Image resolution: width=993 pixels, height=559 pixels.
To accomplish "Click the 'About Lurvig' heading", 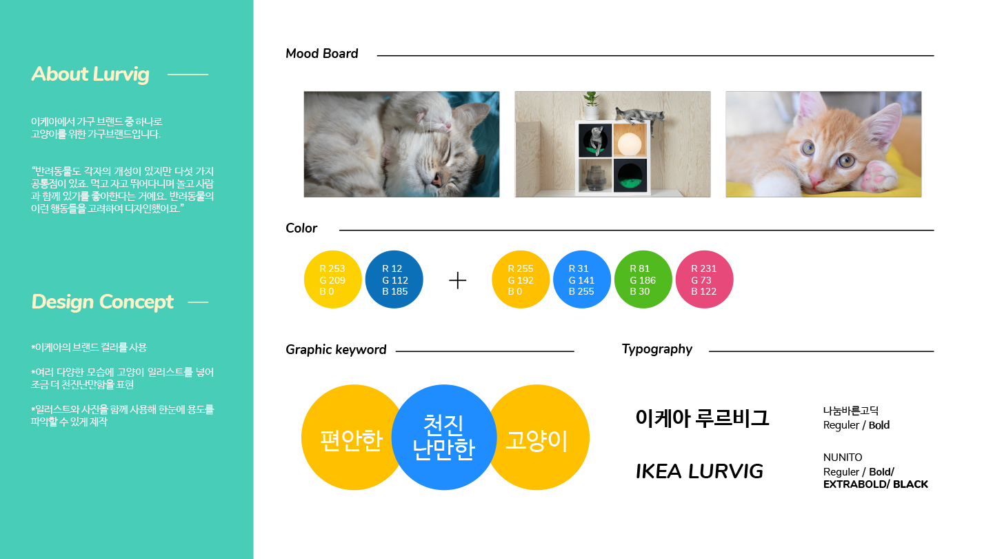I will [90, 74].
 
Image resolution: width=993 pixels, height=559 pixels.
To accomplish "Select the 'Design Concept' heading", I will [102, 302].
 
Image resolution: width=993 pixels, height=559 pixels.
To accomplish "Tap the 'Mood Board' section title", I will [321, 54].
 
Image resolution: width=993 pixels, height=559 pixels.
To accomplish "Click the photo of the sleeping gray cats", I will [401, 144].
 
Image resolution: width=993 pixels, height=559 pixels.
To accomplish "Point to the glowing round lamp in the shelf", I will [629, 144].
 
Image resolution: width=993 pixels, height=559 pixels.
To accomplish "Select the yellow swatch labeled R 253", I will [332, 279].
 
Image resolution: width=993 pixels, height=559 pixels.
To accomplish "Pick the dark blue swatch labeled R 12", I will [394, 279].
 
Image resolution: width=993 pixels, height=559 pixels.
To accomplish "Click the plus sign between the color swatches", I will [458, 280].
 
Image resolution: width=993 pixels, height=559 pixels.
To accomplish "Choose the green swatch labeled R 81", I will [643, 279].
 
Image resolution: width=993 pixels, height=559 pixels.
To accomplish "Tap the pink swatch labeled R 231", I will [704, 279].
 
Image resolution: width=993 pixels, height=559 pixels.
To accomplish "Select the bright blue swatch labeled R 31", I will [581, 279].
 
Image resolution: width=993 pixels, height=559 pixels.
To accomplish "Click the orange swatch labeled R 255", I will [521, 279].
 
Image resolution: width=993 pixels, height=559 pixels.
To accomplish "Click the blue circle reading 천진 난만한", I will [444, 437].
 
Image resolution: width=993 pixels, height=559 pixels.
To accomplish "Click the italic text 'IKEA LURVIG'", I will [699, 471].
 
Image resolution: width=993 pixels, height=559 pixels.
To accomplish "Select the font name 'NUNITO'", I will [843, 458].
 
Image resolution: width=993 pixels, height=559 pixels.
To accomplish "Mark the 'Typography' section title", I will [657, 349].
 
